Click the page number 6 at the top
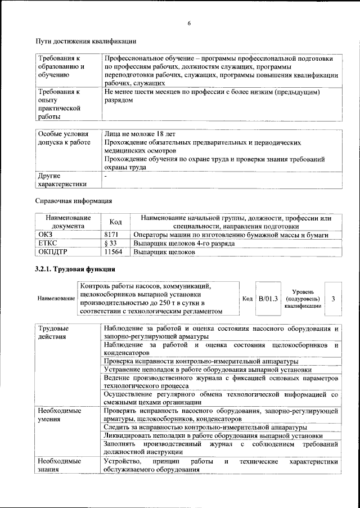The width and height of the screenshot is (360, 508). pos(189,23)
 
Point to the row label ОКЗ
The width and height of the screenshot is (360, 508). pos(44,235)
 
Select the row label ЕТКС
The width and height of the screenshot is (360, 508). pos(47,244)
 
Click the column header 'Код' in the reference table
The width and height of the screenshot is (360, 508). pos(115,222)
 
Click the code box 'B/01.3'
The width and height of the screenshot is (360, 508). pos(268,298)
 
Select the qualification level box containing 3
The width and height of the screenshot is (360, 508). pos(334,298)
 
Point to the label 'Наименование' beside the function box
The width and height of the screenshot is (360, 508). pos(56,298)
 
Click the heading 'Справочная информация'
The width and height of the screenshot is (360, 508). pos(73,200)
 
